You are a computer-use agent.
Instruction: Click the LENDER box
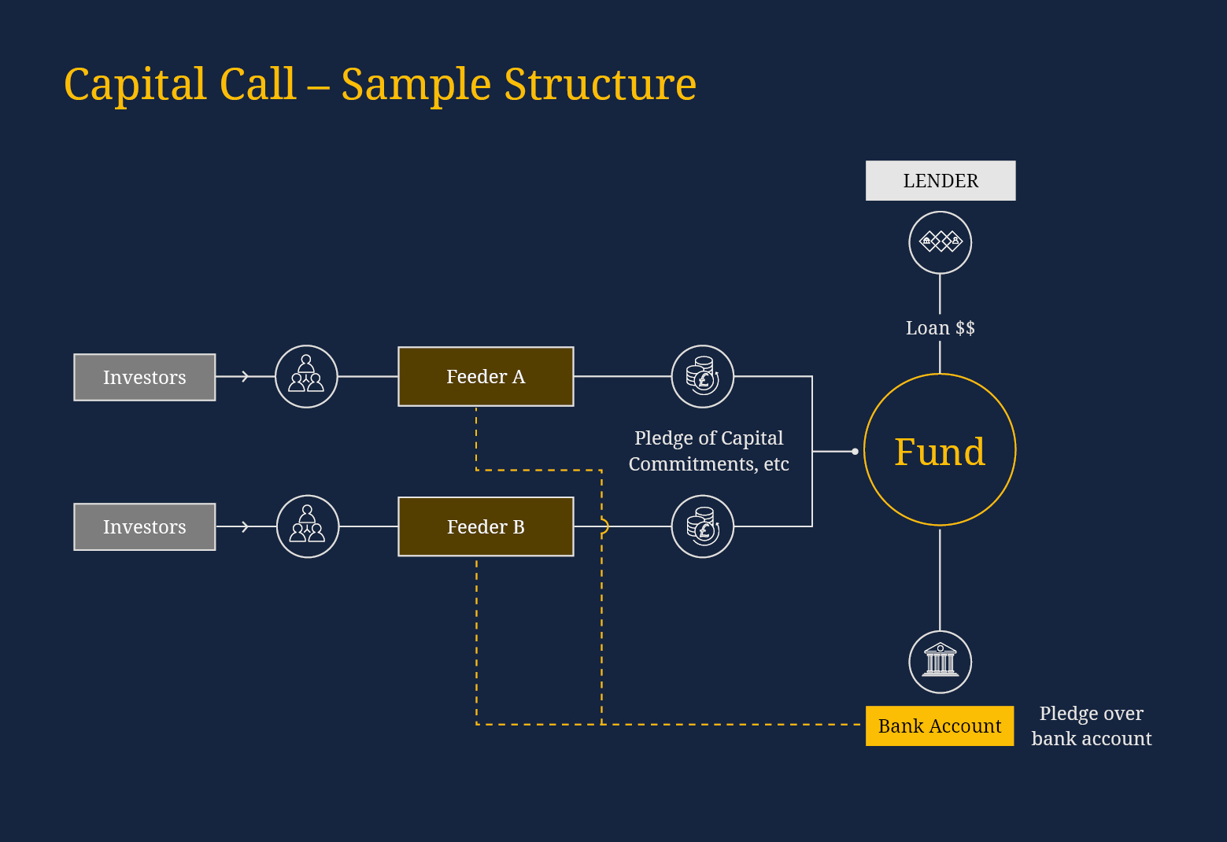(940, 181)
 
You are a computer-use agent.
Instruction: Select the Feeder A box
(486, 377)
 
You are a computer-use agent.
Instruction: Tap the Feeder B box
(486, 526)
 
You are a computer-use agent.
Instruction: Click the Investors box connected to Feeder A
(145, 378)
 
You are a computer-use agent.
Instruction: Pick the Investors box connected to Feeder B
(145, 527)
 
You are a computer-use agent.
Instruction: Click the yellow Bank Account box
(939, 726)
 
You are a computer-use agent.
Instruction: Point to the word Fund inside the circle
(939, 452)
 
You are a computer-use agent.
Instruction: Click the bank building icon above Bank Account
(940, 662)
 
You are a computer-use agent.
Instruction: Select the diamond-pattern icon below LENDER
(940, 242)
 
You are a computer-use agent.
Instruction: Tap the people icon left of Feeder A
(306, 377)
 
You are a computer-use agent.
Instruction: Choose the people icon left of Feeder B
(308, 526)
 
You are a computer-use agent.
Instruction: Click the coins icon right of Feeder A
(702, 377)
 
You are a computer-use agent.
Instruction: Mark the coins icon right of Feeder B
(702, 526)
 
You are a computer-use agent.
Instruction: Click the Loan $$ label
(940, 328)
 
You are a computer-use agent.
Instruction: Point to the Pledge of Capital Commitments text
(708, 451)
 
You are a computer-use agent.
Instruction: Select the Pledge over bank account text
(1091, 726)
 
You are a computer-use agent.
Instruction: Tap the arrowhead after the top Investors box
(246, 377)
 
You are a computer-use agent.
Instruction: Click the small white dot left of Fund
(855, 452)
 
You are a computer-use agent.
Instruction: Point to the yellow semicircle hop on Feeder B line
(604, 526)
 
